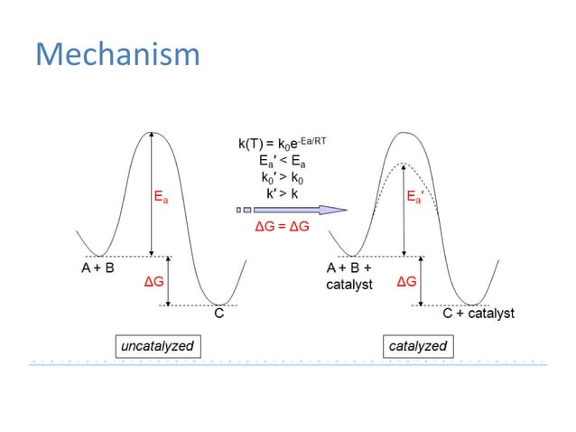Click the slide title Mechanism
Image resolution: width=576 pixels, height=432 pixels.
click(117, 54)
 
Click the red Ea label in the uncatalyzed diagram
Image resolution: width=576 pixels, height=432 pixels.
click(159, 196)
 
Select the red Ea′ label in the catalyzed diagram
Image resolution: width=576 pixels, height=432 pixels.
click(416, 196)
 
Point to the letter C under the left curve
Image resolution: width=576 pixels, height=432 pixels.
click(218, 315)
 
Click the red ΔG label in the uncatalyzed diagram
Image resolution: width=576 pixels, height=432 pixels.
click(154, 283)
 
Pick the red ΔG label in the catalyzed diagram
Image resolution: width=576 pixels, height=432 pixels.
click(407, 283)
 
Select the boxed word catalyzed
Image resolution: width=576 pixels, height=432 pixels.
click(417, 345)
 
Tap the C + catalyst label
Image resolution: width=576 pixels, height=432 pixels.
click(478, 314)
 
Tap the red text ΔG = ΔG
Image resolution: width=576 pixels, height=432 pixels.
click(283, 226)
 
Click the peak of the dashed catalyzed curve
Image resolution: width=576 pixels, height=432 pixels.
click(404, 163)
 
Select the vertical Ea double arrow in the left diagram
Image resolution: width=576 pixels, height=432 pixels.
click(152, 193)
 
